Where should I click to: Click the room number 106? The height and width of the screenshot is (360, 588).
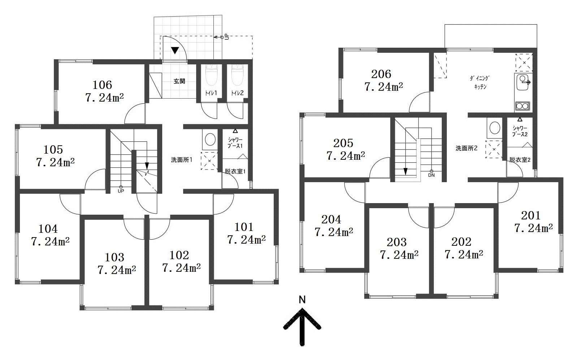point(102,85)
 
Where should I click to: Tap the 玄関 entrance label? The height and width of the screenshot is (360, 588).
point(179,81)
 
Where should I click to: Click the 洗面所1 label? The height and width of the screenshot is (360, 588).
point(182,160)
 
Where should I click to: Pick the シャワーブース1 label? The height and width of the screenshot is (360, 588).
point(235,143)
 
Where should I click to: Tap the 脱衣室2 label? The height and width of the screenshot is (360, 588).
point(520,160)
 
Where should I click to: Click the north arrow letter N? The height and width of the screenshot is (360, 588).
point(302,300)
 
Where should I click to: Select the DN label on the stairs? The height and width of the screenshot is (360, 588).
point(431,175)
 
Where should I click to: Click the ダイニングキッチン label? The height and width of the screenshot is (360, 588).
point(480,82)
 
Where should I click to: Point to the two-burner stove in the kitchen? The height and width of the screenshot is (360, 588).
point(522,106)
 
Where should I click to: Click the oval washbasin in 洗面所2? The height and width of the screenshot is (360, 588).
point(495,128)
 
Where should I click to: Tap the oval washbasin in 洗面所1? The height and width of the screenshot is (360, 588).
point(210,140)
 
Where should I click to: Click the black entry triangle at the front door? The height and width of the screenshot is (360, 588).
point(175,50)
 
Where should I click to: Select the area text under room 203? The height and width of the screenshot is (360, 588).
point(399,254)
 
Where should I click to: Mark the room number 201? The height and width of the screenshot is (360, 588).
point(531,215)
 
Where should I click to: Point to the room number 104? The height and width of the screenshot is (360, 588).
point(48,229)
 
